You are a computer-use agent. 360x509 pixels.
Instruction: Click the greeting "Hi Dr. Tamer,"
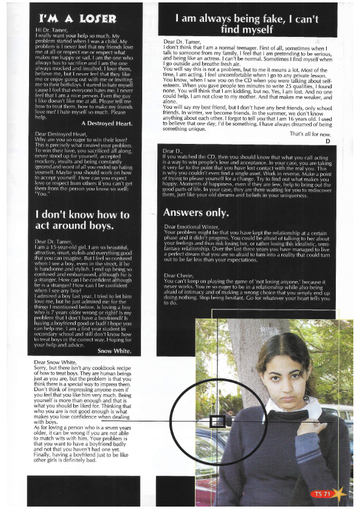[x=53, y=30]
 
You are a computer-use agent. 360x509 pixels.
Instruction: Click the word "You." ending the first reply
[x=44, y=195]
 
